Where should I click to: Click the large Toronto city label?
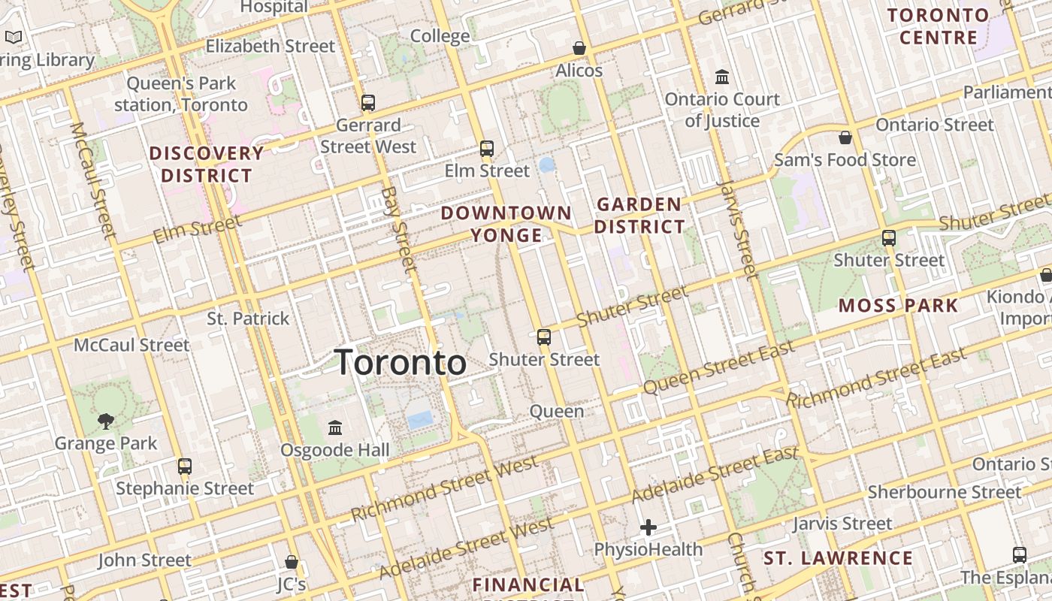click(x=400, y=363)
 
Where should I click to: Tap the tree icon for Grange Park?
click(x=106, y=421)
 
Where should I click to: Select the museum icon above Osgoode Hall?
click(x=335, y=428)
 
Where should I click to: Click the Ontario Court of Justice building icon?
click(x=722, y=77)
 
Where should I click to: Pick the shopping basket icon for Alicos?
click(x=579, y=49)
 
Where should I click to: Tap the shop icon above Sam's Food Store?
click(x=845, y=137)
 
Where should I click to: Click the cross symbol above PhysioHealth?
click(x=648, y=527)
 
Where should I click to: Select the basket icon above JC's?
click(x=292, y=562)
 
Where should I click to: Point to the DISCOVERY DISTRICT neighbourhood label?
click(x=207, y=165)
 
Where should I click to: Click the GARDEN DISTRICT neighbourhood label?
click(x=639, y=216)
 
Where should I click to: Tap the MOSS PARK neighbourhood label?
click(x=898, y=306)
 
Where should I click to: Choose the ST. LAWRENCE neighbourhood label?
click(x=838, y=558)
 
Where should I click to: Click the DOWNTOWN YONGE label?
click(x=506, y=224)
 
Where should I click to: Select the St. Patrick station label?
click(x=248, y=319)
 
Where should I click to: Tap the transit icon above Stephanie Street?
click(x=185, y=466)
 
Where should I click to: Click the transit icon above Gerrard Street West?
click(x=367, y=103)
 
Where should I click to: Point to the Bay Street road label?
click(x=399, y=228)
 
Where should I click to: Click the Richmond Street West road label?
click(x=445, y=489)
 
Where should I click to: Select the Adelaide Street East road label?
click(x=714, y=476)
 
